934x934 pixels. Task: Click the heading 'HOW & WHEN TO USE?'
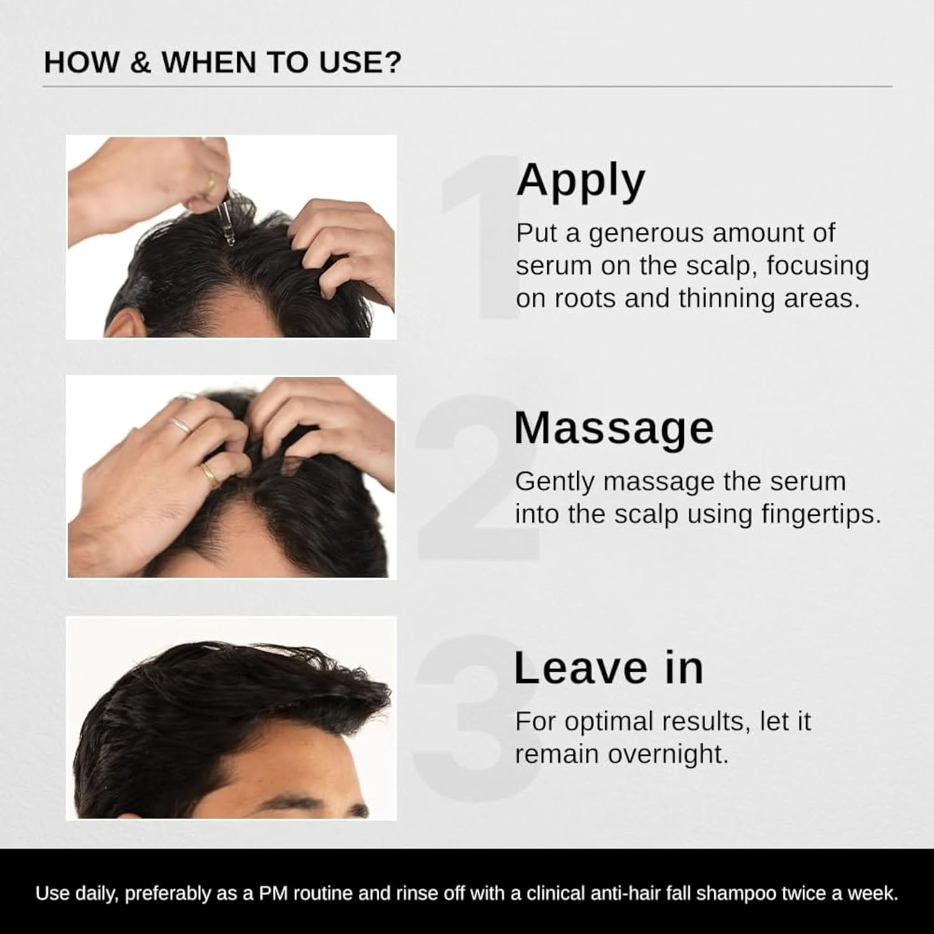pos(223,63)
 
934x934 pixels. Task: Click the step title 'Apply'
pos(580,181)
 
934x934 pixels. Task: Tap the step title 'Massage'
pos(613,428)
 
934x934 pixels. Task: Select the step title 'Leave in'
pos(608,668)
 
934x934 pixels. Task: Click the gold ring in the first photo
pos(211,184)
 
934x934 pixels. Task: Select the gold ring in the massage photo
pos(210,474)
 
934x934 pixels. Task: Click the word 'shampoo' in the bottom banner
pos(736,894)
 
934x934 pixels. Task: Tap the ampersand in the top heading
pos(140,63)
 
